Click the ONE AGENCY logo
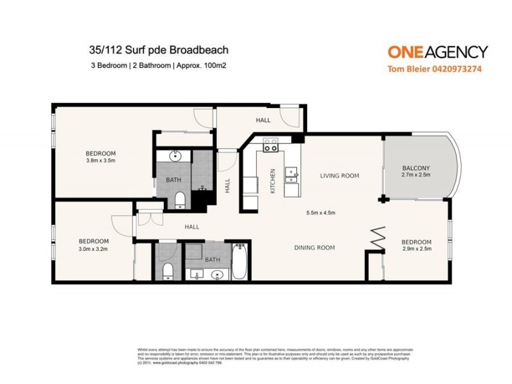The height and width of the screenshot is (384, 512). coord(438,52)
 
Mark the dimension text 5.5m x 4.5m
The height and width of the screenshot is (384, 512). coord(321,212)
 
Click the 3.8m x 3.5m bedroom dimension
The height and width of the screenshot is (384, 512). coord(100,161)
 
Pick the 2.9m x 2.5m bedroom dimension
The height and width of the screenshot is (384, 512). coord(416,249)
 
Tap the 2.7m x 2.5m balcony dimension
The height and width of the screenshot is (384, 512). coord(415,174)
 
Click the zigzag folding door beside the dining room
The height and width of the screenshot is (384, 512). coord(378,240)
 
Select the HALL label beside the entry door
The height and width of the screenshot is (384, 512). coord(263,120)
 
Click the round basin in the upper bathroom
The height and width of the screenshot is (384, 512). coord(175,156)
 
